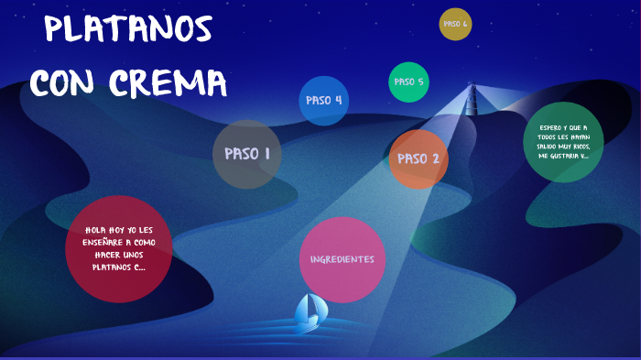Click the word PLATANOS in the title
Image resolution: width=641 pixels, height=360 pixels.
127,29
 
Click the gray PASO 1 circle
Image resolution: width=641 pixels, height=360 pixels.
246,154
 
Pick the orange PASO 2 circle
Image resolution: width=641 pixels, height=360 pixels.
418,158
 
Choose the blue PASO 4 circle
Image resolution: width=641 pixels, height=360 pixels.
324,100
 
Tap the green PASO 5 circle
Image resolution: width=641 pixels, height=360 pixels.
408,82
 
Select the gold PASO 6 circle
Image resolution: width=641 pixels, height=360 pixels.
455,24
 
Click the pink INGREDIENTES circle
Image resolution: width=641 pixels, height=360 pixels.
342,259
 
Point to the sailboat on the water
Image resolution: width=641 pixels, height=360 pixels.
309,312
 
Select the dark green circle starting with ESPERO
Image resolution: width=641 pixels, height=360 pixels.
563,142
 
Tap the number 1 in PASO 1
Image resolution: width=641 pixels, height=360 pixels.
266,154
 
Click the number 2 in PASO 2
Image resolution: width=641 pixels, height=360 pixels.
436,158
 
